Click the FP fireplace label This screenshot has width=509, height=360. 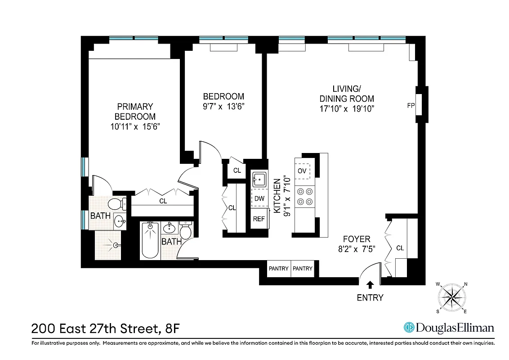click(x=410, y=106)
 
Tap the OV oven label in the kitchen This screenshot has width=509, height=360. click(x=302, y=171)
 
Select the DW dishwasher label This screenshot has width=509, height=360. click(x=259, y=198)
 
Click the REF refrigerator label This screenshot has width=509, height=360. click(x=259, y=219)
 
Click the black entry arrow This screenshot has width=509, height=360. click(x=370, y=284)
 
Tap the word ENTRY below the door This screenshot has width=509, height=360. click(x=370, y=297)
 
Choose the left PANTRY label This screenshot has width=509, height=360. click(x=278, y=269)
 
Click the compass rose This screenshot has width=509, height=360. click(x=451, y=297)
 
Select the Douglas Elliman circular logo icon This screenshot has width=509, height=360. click(x=409, y=328)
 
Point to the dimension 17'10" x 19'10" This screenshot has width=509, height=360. click(x=347, y=108)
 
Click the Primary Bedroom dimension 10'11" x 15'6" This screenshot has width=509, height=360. click(x=135, y=126)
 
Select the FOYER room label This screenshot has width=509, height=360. click(x=357, y=239)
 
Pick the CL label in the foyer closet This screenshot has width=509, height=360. click(x=400, y=248)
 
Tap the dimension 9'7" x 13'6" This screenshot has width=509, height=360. click(x=223, y=107)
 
